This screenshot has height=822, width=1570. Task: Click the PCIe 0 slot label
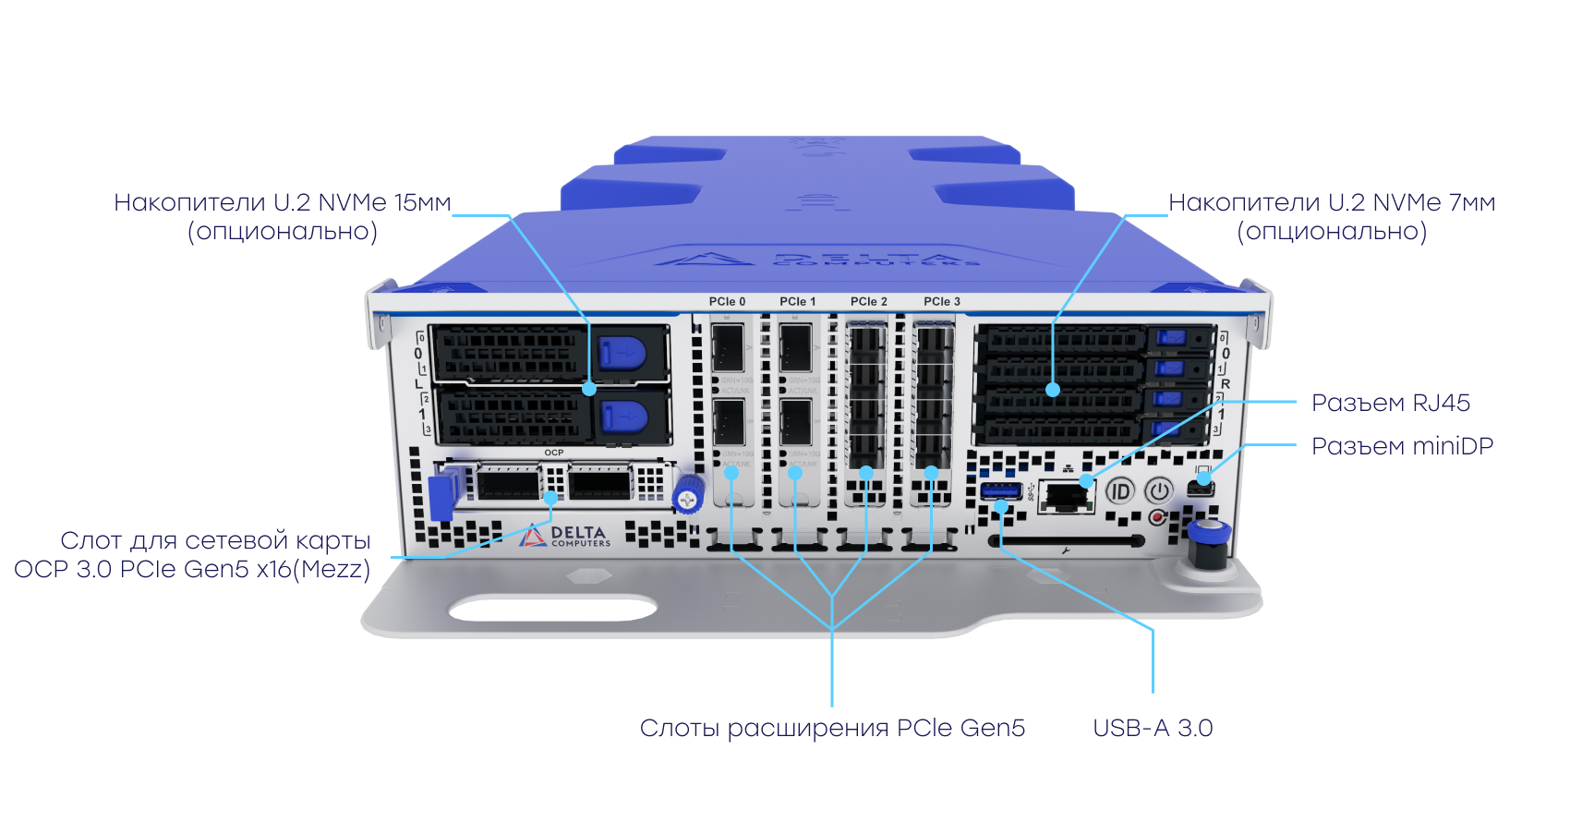click(x=727, y=302)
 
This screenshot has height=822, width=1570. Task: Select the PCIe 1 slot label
click(x=798, y=302)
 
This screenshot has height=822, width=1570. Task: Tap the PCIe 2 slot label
click(x=869, y=302)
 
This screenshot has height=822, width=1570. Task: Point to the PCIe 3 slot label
click(x=942, y=302)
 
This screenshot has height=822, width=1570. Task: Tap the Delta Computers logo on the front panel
click(x=564, y=537)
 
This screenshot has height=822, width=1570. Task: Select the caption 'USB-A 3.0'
click(x=1153, y=729)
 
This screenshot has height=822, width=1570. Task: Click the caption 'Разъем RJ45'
click(x=1391, y=403)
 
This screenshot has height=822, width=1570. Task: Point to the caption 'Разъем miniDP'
click(x=1402, y=446)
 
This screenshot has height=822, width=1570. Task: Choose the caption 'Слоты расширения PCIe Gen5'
click(x=832, y=729)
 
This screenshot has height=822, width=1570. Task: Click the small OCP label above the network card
click(x=554, y=453)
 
